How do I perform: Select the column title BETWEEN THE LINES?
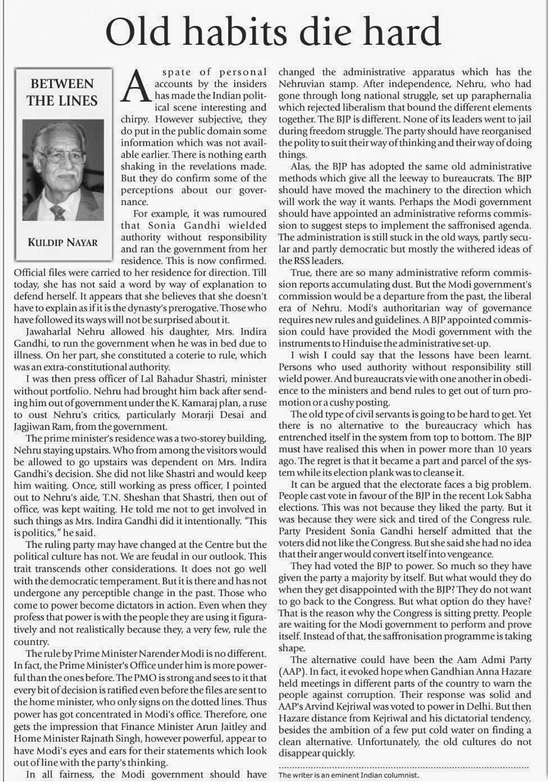[x=62, y=92]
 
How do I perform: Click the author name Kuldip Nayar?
[x=63, y=242]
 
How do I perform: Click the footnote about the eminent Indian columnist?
[x=349, y=775]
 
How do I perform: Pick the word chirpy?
[x=135, y=119]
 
